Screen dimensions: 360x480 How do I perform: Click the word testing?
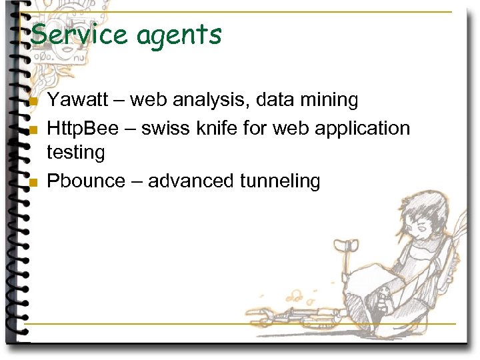76,153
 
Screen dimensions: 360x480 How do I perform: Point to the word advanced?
188,181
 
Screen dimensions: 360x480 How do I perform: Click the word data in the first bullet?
274,101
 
